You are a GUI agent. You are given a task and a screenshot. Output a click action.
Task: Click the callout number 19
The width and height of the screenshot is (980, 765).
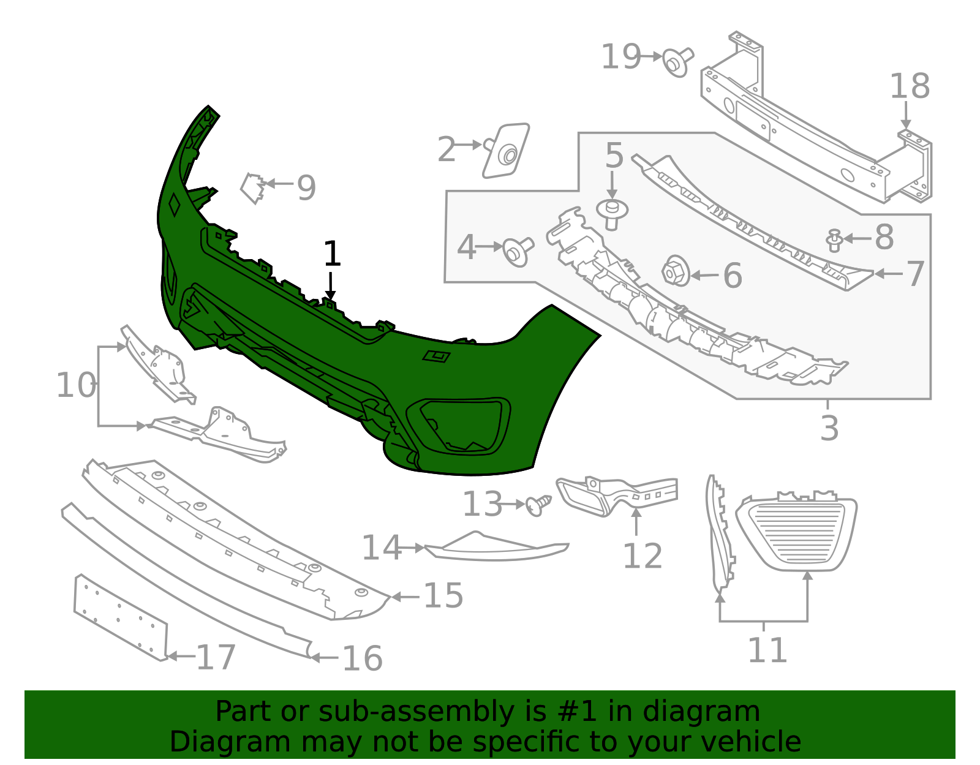point(620,57)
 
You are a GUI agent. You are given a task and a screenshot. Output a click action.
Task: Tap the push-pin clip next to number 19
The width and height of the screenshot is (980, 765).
point(677,62)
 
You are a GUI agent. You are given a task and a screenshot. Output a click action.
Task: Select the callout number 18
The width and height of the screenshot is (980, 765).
point(909,86)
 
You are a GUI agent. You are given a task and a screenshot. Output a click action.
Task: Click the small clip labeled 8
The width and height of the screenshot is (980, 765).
point(834,239)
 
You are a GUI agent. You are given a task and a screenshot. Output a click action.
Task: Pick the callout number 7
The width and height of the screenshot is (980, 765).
point(914,274)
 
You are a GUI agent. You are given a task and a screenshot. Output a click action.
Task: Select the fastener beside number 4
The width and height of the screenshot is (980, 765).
point(517,251)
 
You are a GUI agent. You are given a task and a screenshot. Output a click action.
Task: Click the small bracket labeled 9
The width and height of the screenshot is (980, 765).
point(252,187)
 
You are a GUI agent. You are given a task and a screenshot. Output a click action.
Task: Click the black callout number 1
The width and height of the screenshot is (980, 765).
point(331,254)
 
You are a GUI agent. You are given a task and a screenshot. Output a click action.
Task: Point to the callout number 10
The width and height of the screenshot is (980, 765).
point(76,386)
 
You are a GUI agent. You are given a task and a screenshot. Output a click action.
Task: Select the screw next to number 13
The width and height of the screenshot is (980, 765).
point(537,505)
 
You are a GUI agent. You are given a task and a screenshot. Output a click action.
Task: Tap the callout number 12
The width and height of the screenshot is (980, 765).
point(643,556)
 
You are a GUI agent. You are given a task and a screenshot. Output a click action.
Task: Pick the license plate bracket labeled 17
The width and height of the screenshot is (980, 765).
point(120,617)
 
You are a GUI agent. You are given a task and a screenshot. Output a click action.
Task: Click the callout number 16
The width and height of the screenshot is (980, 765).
point(362,658)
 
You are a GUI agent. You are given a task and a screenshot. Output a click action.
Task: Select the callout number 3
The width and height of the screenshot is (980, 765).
point(829,428)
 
